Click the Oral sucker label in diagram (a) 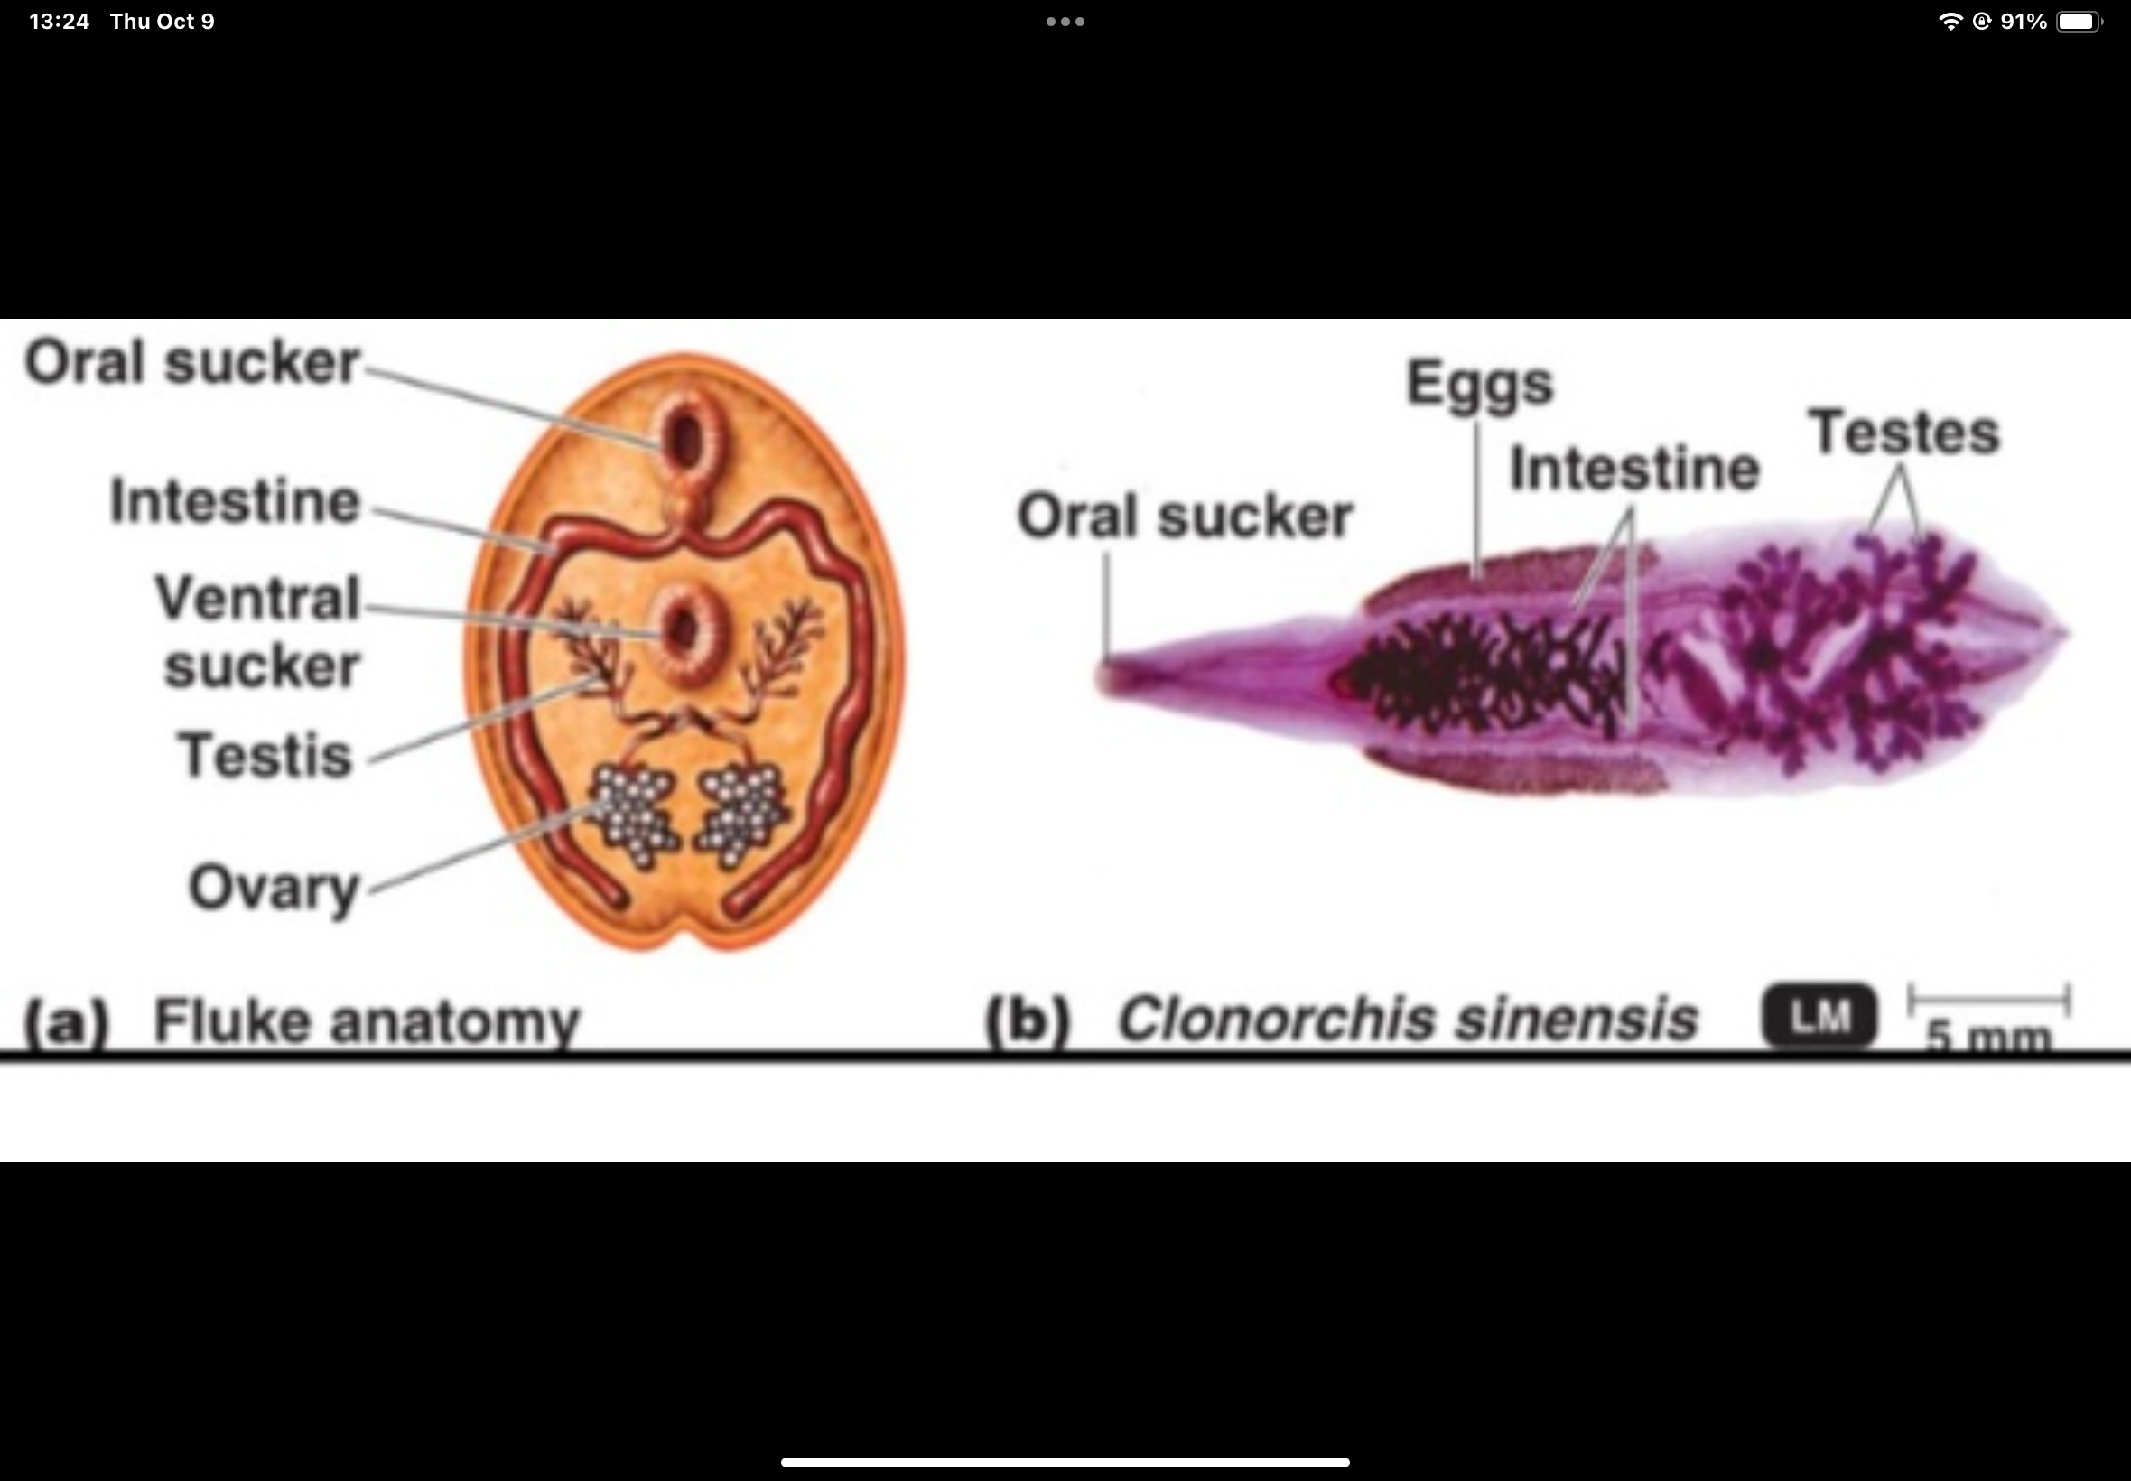tap(191, 362)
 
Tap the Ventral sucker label tap(258, 631)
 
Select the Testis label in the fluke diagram tap(265, 754)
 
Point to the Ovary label tap(274, 888)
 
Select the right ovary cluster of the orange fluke tap(743, 813)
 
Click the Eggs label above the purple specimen tap(1479, 383)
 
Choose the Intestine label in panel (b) tap(1633, 468)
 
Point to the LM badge tap(1819, 1017)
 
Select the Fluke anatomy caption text tap(366, 1020)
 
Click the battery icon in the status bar tap(2078, 22)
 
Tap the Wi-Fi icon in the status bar tap(1950, 22)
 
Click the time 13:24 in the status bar tap(60, 22)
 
